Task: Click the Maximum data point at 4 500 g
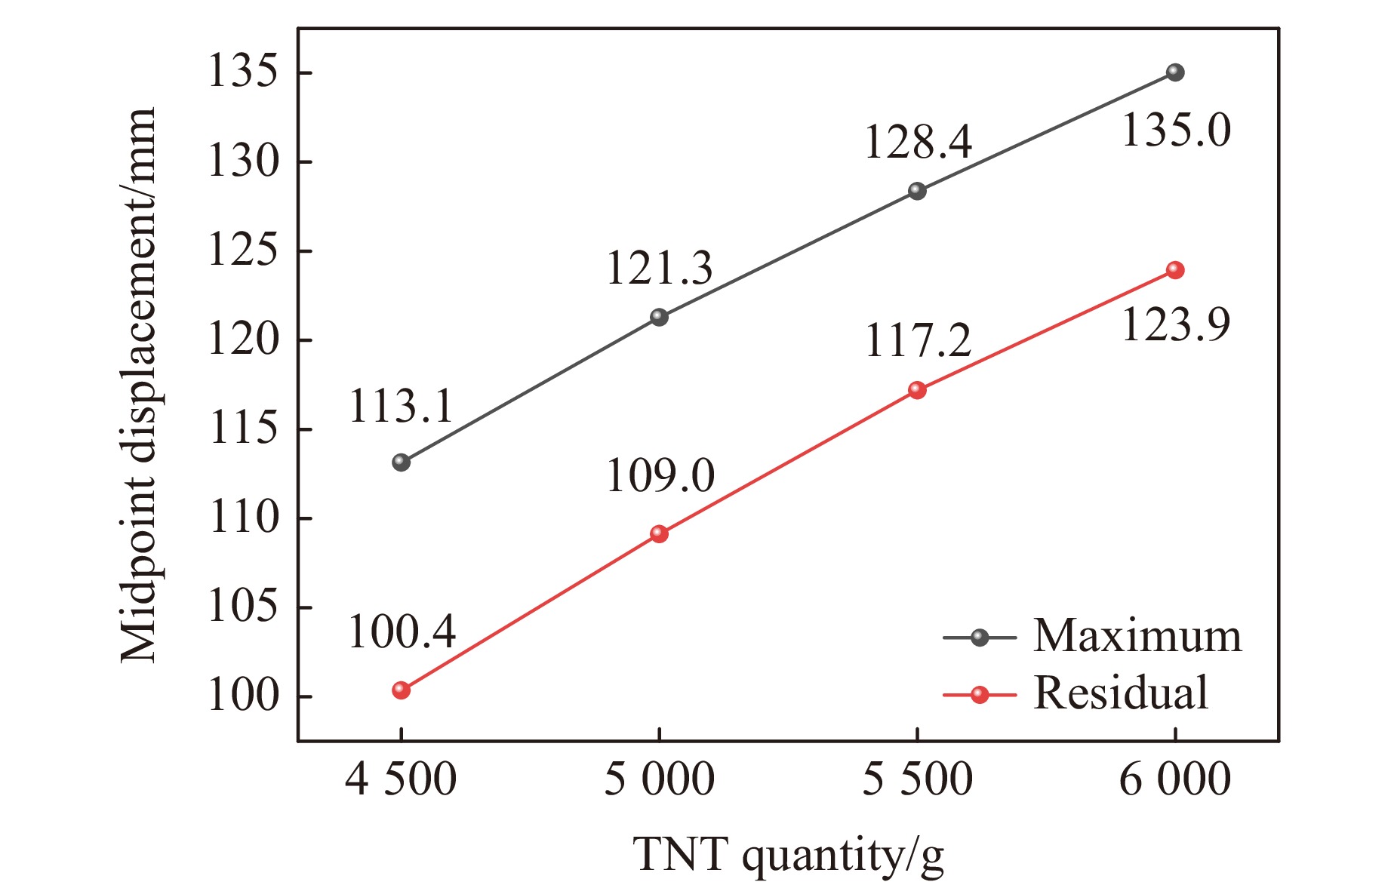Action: click(401, 462)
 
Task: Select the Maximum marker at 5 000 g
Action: click(659, 317)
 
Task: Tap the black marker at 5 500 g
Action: click(917, 191)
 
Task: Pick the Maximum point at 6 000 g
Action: click(1175, 72)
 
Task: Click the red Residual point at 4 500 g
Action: click(401, 690)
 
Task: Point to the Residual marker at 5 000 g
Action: click(659, 533)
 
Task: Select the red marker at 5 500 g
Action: click(917, 390)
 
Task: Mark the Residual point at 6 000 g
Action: click(1175, 270)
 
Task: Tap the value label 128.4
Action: click(918, 142)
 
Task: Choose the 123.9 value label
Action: click(1176, 324)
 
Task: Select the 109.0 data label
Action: click(660, 475)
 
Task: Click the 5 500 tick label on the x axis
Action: click(917, 779)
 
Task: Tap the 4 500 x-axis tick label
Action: click(401, 779)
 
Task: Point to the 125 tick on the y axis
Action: click(242, 250)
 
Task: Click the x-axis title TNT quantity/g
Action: click(788, 856)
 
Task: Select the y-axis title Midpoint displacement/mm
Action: click(138, 385)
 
